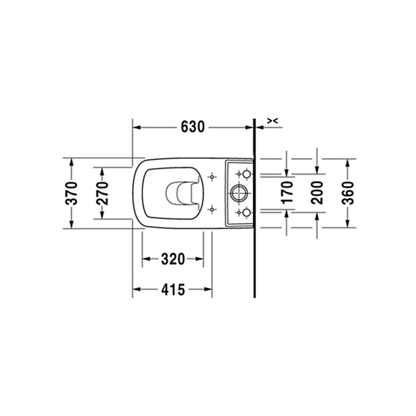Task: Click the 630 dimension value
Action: tap(193, 127)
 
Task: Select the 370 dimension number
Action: tap(72, 193)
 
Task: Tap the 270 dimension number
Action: tap(102, 193)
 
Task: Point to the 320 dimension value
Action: tap(173, 259)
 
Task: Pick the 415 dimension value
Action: tap(173, 290)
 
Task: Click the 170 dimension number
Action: tap(287, 192)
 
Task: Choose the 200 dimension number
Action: tap(317, 193)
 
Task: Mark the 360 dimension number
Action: tap(348, 193)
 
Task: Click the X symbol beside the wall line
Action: tap(272, 121)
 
